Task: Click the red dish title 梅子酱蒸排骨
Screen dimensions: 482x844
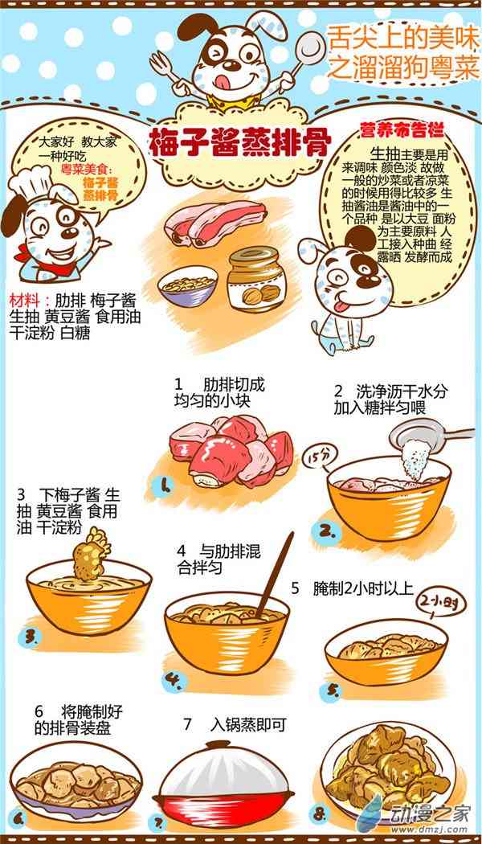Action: coord(240,142)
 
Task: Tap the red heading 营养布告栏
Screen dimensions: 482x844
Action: coord(398,131)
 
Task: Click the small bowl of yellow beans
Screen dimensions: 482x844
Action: coord(188,286)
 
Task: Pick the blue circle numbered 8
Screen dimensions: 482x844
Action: coord(319,813)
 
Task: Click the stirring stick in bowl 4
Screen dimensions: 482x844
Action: coord(275,576)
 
